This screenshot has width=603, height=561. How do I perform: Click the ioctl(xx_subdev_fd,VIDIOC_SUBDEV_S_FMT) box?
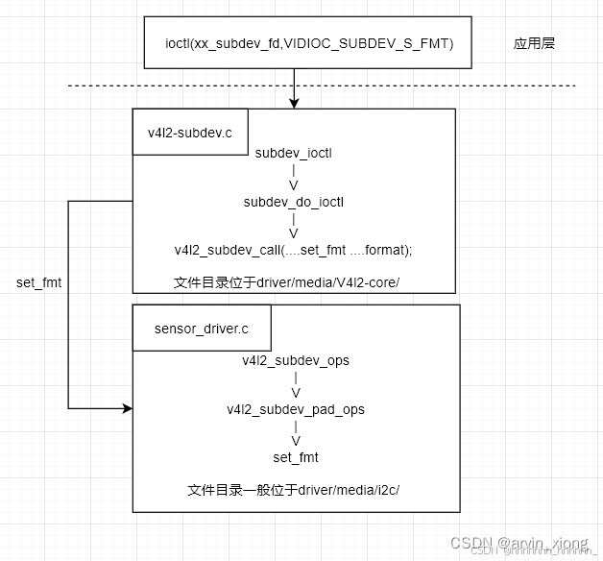pyautogui.click(x=307, y=43)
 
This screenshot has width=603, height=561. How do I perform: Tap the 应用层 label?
pyautogui.click(x=535, y=43)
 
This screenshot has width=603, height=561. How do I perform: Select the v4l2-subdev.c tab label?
pyautogui.click(x=190, y=133)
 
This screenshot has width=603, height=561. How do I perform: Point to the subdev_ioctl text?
pyautogui.click(x=294, y=152)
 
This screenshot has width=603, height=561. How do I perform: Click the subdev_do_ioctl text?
pyautogui.click(x=294, y=201)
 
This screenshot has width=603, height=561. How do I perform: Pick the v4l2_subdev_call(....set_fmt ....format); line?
pyautogui.click(x=293, y=250)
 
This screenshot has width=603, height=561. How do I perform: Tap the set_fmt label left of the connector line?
pyautogui.click(x=39, y=282)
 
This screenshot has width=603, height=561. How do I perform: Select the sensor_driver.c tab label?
pyautogui.click(x=201, y=329)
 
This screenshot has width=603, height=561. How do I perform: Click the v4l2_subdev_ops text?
pyautogui.click(x=296, y=360)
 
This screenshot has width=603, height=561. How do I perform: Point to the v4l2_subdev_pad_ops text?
pyautogui.click(x=296, y=409)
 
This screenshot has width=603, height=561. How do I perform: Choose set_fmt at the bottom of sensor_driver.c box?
pyautogui.click(x=296, y=457)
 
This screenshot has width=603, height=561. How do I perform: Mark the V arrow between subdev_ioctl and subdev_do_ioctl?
pyautogui.click(x=294, y=184)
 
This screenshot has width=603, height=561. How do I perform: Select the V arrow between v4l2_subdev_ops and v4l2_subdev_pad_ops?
pyautogui.click(x=296, y=393)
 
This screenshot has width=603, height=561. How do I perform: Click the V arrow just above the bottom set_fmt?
pyautogui.click(x=296, y=441)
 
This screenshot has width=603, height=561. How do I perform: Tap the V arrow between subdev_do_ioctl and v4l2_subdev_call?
pyautogui.click(x=294, y=233)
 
